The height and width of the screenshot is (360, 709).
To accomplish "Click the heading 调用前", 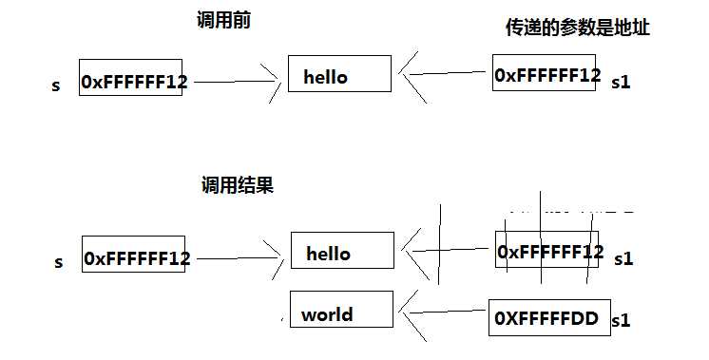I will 225,21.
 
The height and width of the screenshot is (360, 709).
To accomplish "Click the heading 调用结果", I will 237,186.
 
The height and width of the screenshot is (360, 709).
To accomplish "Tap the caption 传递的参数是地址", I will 577,28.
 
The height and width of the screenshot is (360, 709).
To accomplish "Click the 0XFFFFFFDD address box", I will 546,319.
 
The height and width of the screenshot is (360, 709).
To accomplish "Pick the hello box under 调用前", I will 339,74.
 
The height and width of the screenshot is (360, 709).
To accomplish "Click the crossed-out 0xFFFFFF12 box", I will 549,253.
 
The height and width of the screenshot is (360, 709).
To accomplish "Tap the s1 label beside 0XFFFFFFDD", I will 620,321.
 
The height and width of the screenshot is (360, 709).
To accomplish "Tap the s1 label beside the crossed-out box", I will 623,258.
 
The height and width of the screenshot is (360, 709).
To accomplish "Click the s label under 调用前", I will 56,85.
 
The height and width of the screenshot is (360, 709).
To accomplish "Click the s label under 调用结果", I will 59,262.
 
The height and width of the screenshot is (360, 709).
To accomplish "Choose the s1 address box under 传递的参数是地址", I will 546,73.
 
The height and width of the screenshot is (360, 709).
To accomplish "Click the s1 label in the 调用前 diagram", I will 621,83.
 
